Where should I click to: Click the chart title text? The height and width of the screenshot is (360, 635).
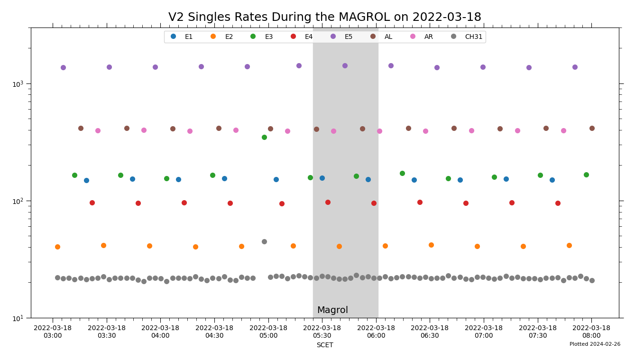[324, 18]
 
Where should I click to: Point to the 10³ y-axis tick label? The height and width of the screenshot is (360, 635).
[19, 83]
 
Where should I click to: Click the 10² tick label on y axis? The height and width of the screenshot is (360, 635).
[19, 201]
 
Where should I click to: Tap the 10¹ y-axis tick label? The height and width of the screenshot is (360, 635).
[19, 318]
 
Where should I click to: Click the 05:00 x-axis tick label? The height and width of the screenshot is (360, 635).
[268, 332]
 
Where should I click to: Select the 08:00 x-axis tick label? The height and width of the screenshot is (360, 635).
[591, 332]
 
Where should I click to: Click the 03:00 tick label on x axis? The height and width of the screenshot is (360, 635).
[53, 332]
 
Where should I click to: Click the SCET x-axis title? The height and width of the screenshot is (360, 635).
[324, 345]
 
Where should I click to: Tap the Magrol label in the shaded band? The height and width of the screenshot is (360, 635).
[332, 310]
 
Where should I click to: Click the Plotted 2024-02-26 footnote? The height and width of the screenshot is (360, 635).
[595, 344]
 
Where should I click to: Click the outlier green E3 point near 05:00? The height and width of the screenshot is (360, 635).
[264, 137]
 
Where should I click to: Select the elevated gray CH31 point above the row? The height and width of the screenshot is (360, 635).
[264, 241]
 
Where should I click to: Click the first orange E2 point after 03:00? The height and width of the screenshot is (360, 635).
[57, 247]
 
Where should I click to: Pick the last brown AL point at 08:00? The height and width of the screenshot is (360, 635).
[592, 128]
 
